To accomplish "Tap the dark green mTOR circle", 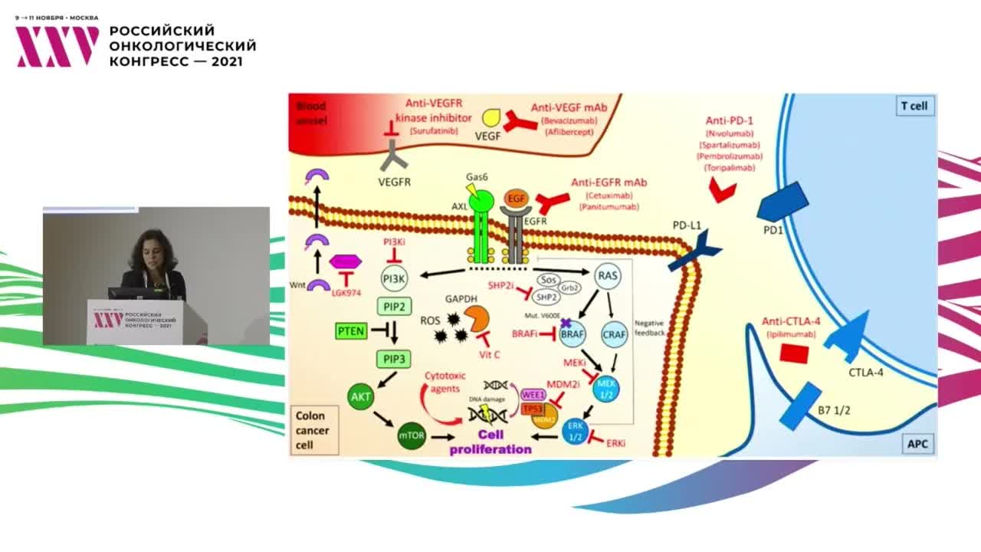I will [x=412, y=436].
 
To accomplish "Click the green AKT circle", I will [x=360, y=396].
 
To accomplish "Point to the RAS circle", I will [x=607, y=275].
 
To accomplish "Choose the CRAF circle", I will [x=615, y=334].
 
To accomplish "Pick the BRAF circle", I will [x=573, y=334].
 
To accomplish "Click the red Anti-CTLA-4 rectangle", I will [x=794, y=353].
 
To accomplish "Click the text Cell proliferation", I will [x=490, y=442].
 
